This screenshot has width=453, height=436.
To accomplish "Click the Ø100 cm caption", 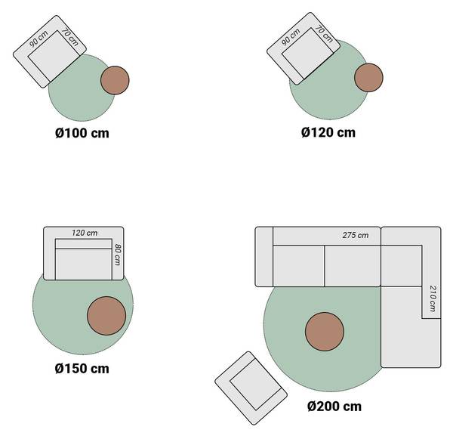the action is point(82,133).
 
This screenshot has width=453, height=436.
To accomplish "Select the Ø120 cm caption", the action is point(328,132).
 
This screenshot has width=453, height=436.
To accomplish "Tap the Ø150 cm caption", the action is point(82,369).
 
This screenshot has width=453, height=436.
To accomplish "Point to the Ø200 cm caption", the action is point(334,407).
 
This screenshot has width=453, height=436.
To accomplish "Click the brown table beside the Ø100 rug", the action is point(115,80).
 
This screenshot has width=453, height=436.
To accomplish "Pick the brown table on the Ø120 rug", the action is point(368,78).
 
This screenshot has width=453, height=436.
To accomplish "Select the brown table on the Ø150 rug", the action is point(106,316).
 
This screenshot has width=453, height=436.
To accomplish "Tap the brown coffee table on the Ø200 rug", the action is point(325,332).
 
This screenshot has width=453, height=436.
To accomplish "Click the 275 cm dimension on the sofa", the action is point(356,235).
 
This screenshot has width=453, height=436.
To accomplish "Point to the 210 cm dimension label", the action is point(432,298).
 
